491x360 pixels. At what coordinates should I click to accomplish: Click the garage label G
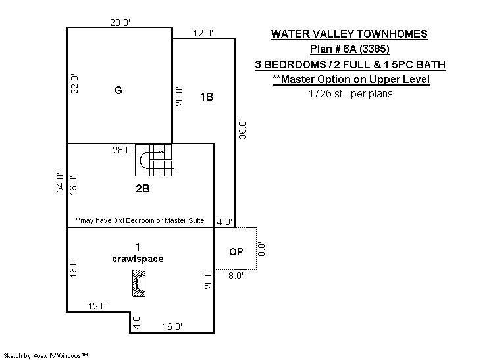118,90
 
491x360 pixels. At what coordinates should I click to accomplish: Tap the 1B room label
207,97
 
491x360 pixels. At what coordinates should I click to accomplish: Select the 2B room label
142,188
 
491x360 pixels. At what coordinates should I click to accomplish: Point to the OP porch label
236,251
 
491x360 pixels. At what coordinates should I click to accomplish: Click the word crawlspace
138,259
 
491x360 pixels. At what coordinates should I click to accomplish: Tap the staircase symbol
154,160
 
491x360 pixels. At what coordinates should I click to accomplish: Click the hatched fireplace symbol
139,283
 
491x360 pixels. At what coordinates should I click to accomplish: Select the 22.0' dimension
74,84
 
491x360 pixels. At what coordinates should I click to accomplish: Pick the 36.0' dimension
242,129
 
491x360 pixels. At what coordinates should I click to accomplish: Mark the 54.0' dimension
60,182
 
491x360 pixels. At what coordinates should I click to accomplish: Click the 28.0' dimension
122,150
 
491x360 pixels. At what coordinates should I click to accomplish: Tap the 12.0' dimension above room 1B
203,33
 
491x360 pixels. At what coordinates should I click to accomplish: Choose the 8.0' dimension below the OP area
236,276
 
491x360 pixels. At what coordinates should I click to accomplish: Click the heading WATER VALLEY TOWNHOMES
349,34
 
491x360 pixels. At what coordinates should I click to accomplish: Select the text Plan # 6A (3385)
349,49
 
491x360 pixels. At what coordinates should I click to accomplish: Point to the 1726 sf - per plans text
350,94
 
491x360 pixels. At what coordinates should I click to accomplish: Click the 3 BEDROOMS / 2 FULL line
350,64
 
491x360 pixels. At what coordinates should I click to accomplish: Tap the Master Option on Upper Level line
351,79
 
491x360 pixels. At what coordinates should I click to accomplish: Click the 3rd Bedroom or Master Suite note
140,220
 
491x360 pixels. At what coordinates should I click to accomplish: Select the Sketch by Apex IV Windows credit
45,356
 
